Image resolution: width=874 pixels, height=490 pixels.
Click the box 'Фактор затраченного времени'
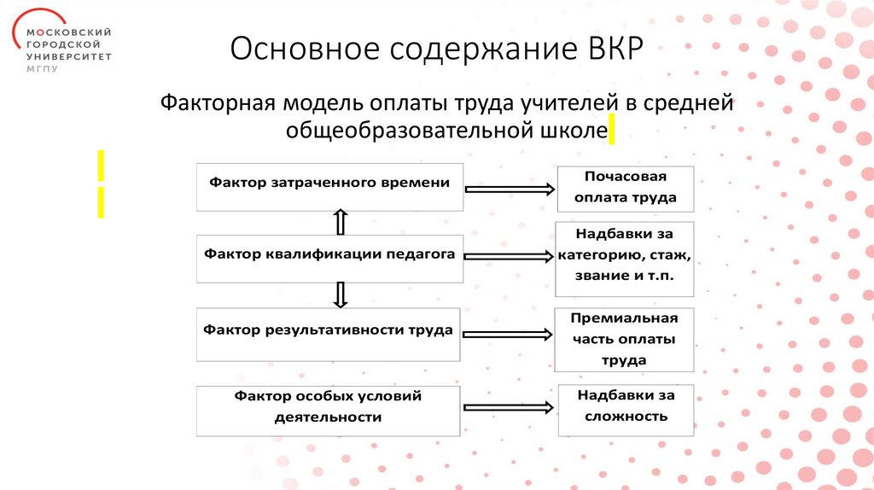(330, 186)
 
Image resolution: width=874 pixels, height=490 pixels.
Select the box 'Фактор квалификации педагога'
(330, 258)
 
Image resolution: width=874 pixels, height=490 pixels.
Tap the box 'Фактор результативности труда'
(330, 335)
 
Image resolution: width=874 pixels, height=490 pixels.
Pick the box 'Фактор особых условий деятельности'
(330, 410)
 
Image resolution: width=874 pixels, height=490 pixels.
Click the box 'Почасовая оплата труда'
(626, 188)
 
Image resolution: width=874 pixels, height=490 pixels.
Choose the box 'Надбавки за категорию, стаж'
(626, 258)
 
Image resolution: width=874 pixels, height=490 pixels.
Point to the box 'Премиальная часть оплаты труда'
(626, 338)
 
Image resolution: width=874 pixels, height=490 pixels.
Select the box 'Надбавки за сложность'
(626, 408)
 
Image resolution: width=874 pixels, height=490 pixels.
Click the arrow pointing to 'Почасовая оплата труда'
(510, 189)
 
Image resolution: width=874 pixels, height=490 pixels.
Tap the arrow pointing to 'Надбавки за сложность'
(510, 410)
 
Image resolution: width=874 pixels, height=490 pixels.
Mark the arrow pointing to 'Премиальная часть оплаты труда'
(510, 334)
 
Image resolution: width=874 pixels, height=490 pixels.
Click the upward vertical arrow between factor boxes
(340, 222)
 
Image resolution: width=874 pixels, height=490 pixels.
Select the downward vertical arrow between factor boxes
(340, 295)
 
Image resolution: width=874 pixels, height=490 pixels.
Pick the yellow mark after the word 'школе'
(611, 131)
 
